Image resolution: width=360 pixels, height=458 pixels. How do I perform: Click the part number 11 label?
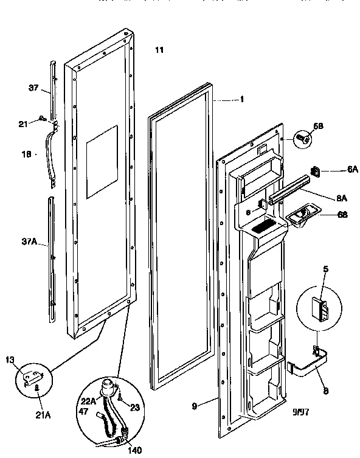(x=159, y=50)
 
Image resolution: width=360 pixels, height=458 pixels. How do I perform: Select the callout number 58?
(x=317, y=126)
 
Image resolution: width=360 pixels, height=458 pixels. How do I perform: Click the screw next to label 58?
(x=302, y=139)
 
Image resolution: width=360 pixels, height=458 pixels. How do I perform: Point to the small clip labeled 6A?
(x=316, y=172)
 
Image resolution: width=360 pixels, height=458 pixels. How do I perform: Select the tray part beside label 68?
(x=298, y=217)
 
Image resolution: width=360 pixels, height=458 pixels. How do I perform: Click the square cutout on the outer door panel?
(x=102, y=162)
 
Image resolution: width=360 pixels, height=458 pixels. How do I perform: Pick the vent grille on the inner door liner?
(x=263, y=228)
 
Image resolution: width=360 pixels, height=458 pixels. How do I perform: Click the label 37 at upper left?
(x=33, y=88)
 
